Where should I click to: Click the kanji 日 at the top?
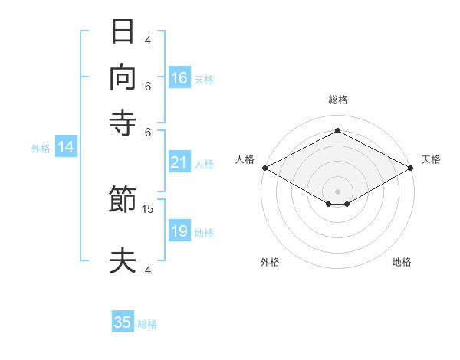tap(123, 31)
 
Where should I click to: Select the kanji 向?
tap(123, 77)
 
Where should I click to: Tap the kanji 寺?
tap(123, 123)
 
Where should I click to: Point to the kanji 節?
tap(123, 198)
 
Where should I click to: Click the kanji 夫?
tap(123, 260)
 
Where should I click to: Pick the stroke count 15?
tap(147, 209)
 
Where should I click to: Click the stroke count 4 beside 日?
tap(147, 40)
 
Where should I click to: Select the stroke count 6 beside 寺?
tap(147, 133)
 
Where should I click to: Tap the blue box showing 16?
tap(179, 77)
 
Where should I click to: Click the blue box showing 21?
tap(179, 162)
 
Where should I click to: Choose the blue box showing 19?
tap(179, 230)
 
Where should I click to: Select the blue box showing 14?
tap(66, 146)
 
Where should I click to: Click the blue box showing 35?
tap(123, 321)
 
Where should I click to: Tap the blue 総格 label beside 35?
tap(147, 324)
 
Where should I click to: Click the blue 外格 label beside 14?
tap(41, 149)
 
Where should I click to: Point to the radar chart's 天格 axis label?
tap(431, 159)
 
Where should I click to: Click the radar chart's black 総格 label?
tap(338, 100)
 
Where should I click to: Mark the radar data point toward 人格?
tap(265, 168)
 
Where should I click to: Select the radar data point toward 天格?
tap(410, 168)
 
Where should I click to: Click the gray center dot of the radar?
tap(337, 191)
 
